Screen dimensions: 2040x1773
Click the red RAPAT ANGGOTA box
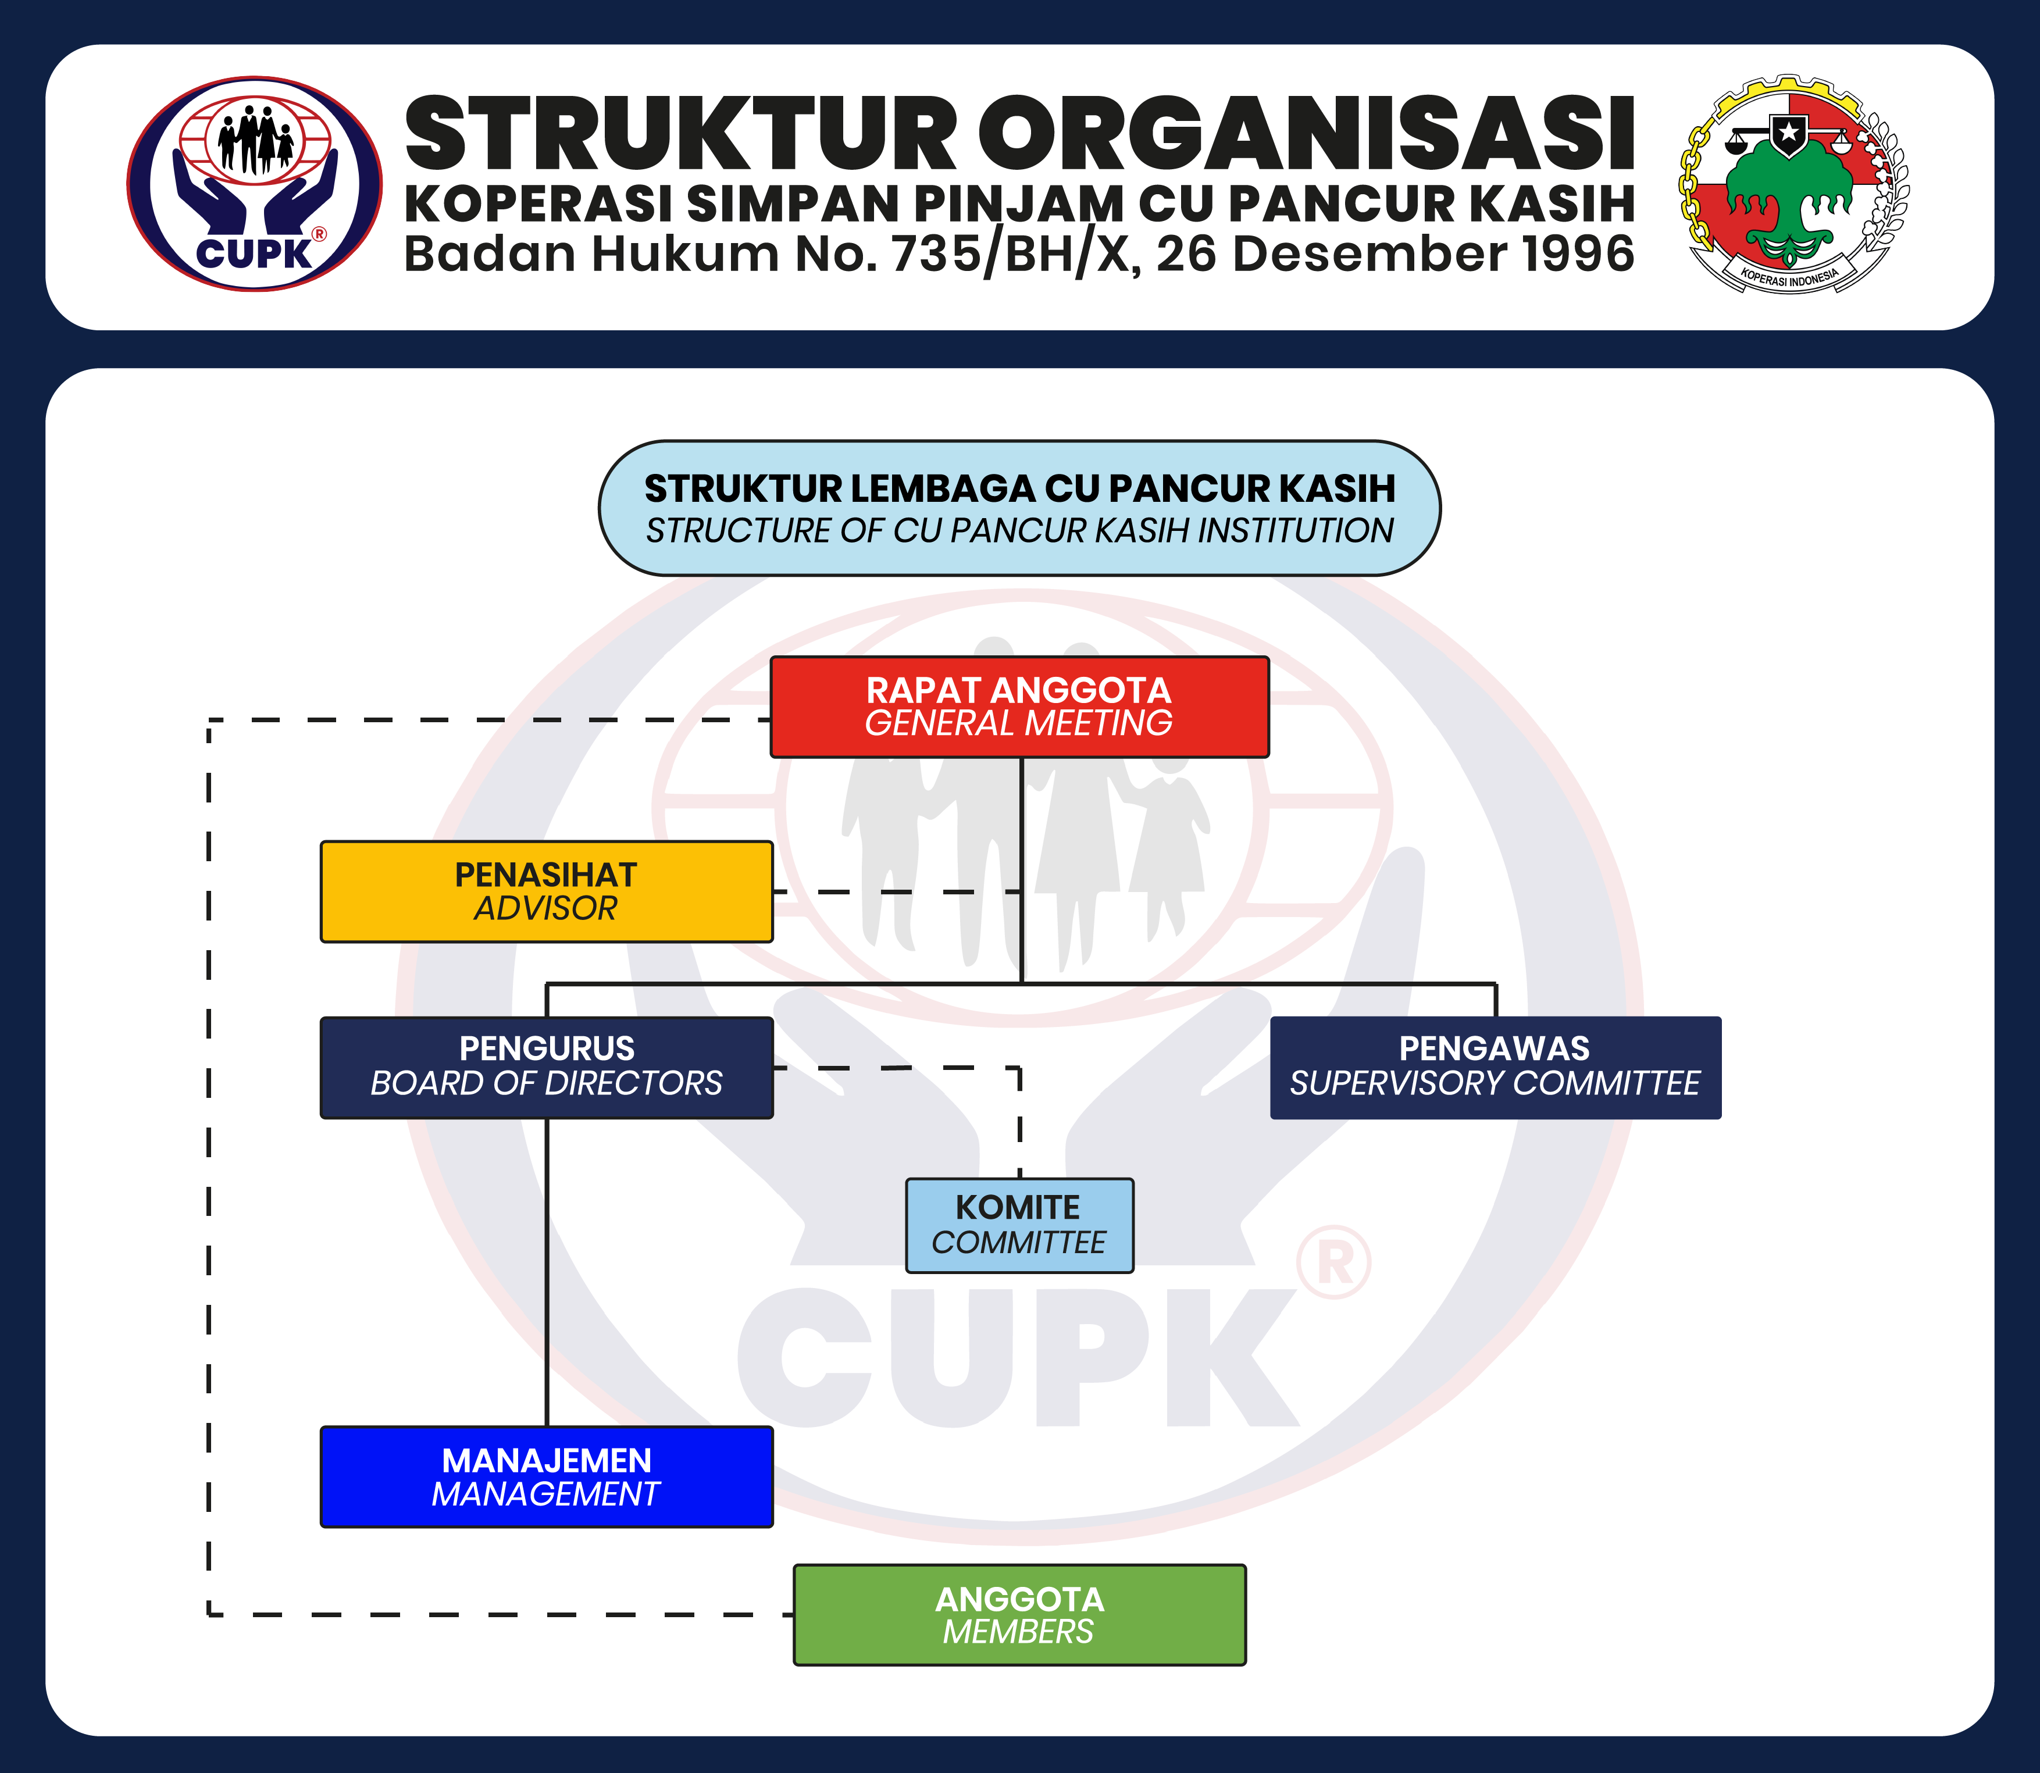click(1019, 707)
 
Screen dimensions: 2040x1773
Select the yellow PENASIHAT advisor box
click(546, 891)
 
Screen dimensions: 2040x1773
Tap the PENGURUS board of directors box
click(546, 1068)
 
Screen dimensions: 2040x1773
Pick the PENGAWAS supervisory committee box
click(1495, 1068)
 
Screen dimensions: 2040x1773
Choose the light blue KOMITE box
click(1019, 1225)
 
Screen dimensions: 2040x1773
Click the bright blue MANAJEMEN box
click(546, 1476)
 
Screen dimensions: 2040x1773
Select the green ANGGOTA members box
click(1019, 1615)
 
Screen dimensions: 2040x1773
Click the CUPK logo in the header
click(254, 184)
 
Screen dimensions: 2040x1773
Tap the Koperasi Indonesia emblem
click(1793, 184)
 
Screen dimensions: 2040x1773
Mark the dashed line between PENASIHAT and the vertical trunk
click(896, 891)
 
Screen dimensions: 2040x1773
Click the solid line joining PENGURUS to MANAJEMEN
click(546, 1272)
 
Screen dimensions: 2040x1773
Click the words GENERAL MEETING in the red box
click(1019, 723)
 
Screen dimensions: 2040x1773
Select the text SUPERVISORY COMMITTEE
click(1495, 1083)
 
